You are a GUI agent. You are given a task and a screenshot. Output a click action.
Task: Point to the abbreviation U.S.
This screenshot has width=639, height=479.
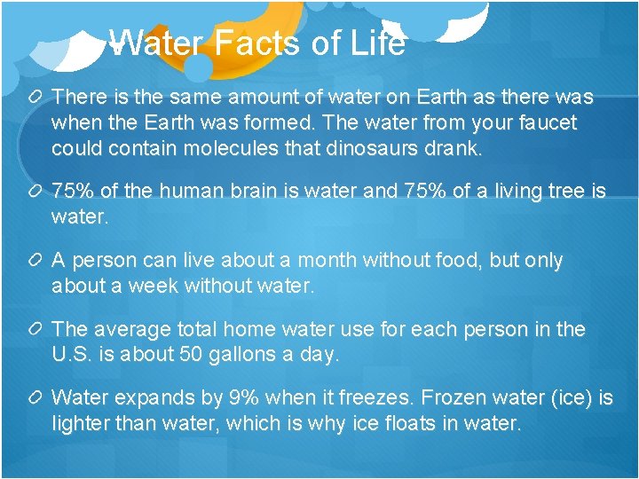[x=71, y=355]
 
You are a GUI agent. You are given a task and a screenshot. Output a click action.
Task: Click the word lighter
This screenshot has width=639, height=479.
[x=83, y=424]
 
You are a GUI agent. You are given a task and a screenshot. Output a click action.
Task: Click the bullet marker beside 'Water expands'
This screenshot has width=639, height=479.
[x=36, y=398]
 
